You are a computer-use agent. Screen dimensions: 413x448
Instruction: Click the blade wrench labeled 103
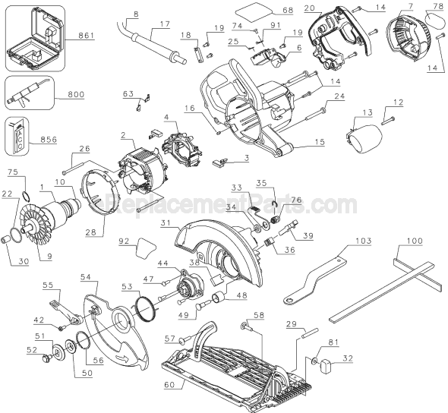[x=320, y=273]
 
